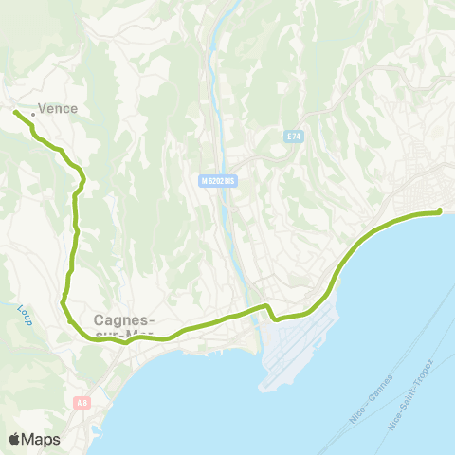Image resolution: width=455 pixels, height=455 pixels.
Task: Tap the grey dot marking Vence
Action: (32, 115)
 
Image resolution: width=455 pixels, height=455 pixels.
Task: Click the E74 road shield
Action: (294, 137)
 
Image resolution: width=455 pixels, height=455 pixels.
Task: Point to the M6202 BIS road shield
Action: (217, 180)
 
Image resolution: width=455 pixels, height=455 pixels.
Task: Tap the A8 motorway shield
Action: (82, 403)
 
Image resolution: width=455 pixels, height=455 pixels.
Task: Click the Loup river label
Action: (24, 311)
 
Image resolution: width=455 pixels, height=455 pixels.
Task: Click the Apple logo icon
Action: (15, 439)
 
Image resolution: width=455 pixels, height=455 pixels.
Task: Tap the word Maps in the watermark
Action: (42, 439)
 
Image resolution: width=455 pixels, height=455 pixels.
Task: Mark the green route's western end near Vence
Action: (15, 113)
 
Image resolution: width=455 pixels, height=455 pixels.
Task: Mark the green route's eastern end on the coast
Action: (440, 212)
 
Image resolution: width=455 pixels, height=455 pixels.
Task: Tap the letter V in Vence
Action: (42, 109)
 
